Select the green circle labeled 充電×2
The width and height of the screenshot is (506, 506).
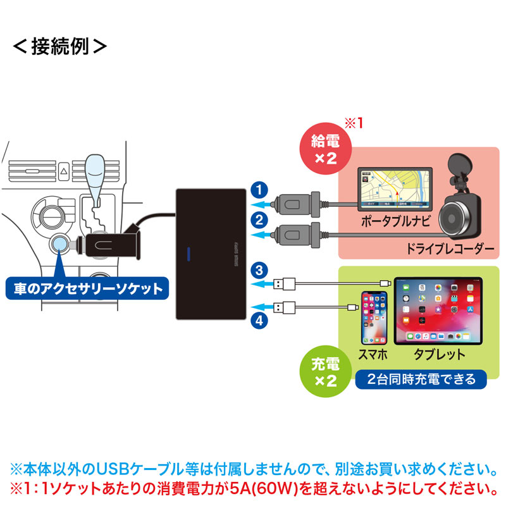(x=323, y=372)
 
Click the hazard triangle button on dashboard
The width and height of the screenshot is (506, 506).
(x=64, y=171)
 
